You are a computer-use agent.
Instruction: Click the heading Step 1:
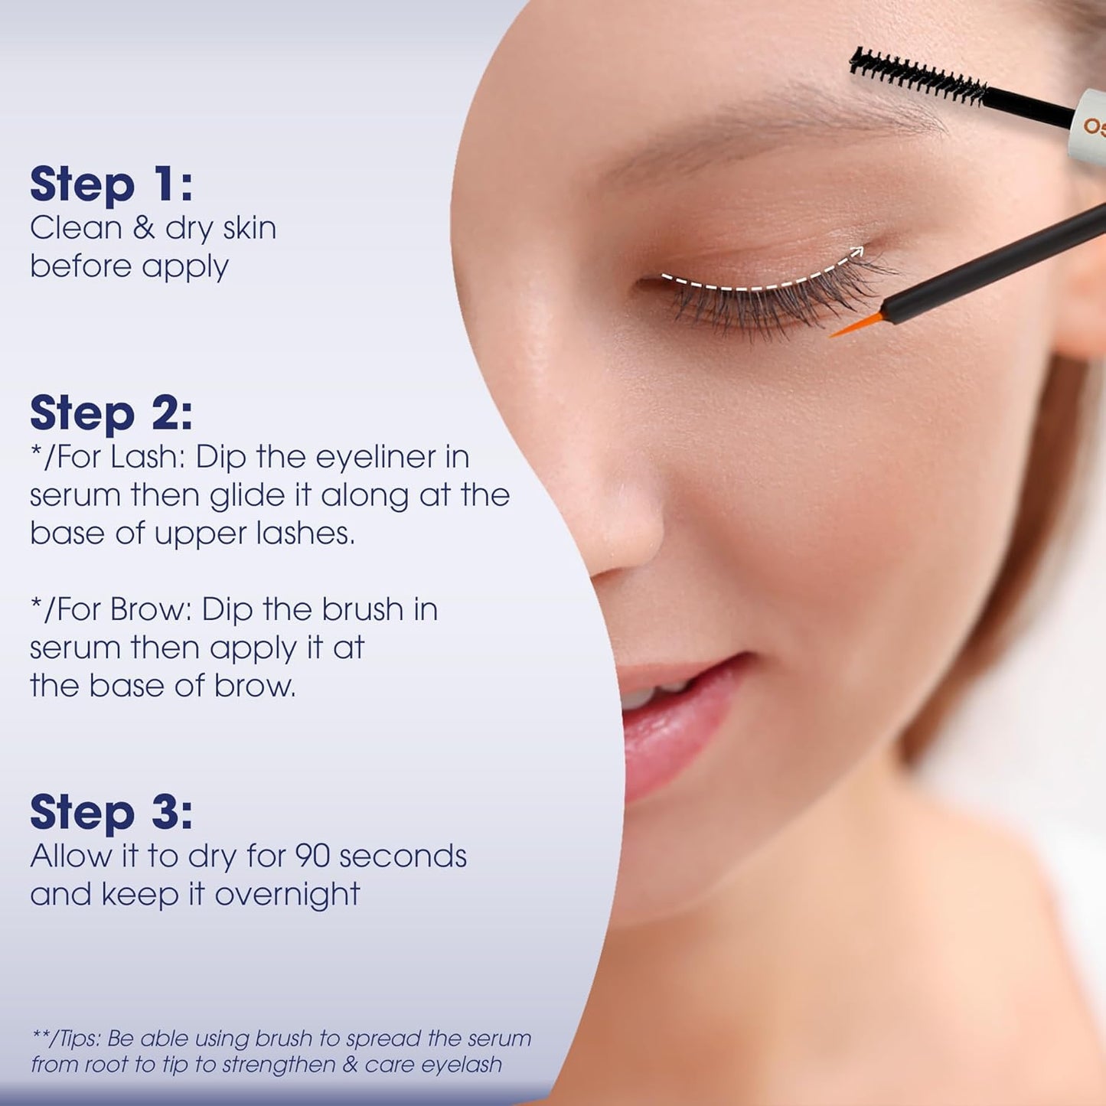[x=111, y=184]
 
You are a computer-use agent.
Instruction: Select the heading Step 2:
[x=111, y=413]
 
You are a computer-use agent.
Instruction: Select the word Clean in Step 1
[x=65, y=228]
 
